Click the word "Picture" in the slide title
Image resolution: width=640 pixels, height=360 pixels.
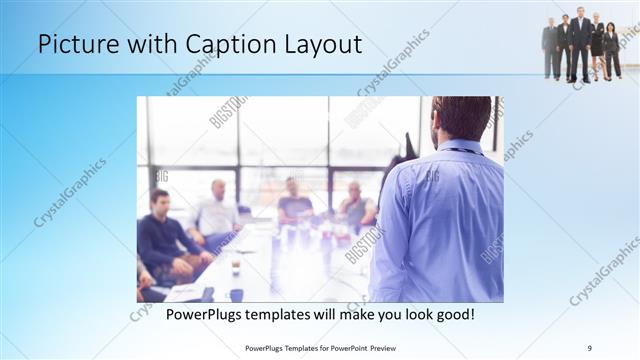click(73, 44)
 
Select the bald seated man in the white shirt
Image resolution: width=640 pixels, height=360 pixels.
click(216, 209)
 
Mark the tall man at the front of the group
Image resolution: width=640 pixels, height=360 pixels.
click(580, 45)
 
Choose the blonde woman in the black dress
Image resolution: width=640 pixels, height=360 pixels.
click(597, 46)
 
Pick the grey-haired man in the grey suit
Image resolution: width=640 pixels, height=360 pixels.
click(550, 48)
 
